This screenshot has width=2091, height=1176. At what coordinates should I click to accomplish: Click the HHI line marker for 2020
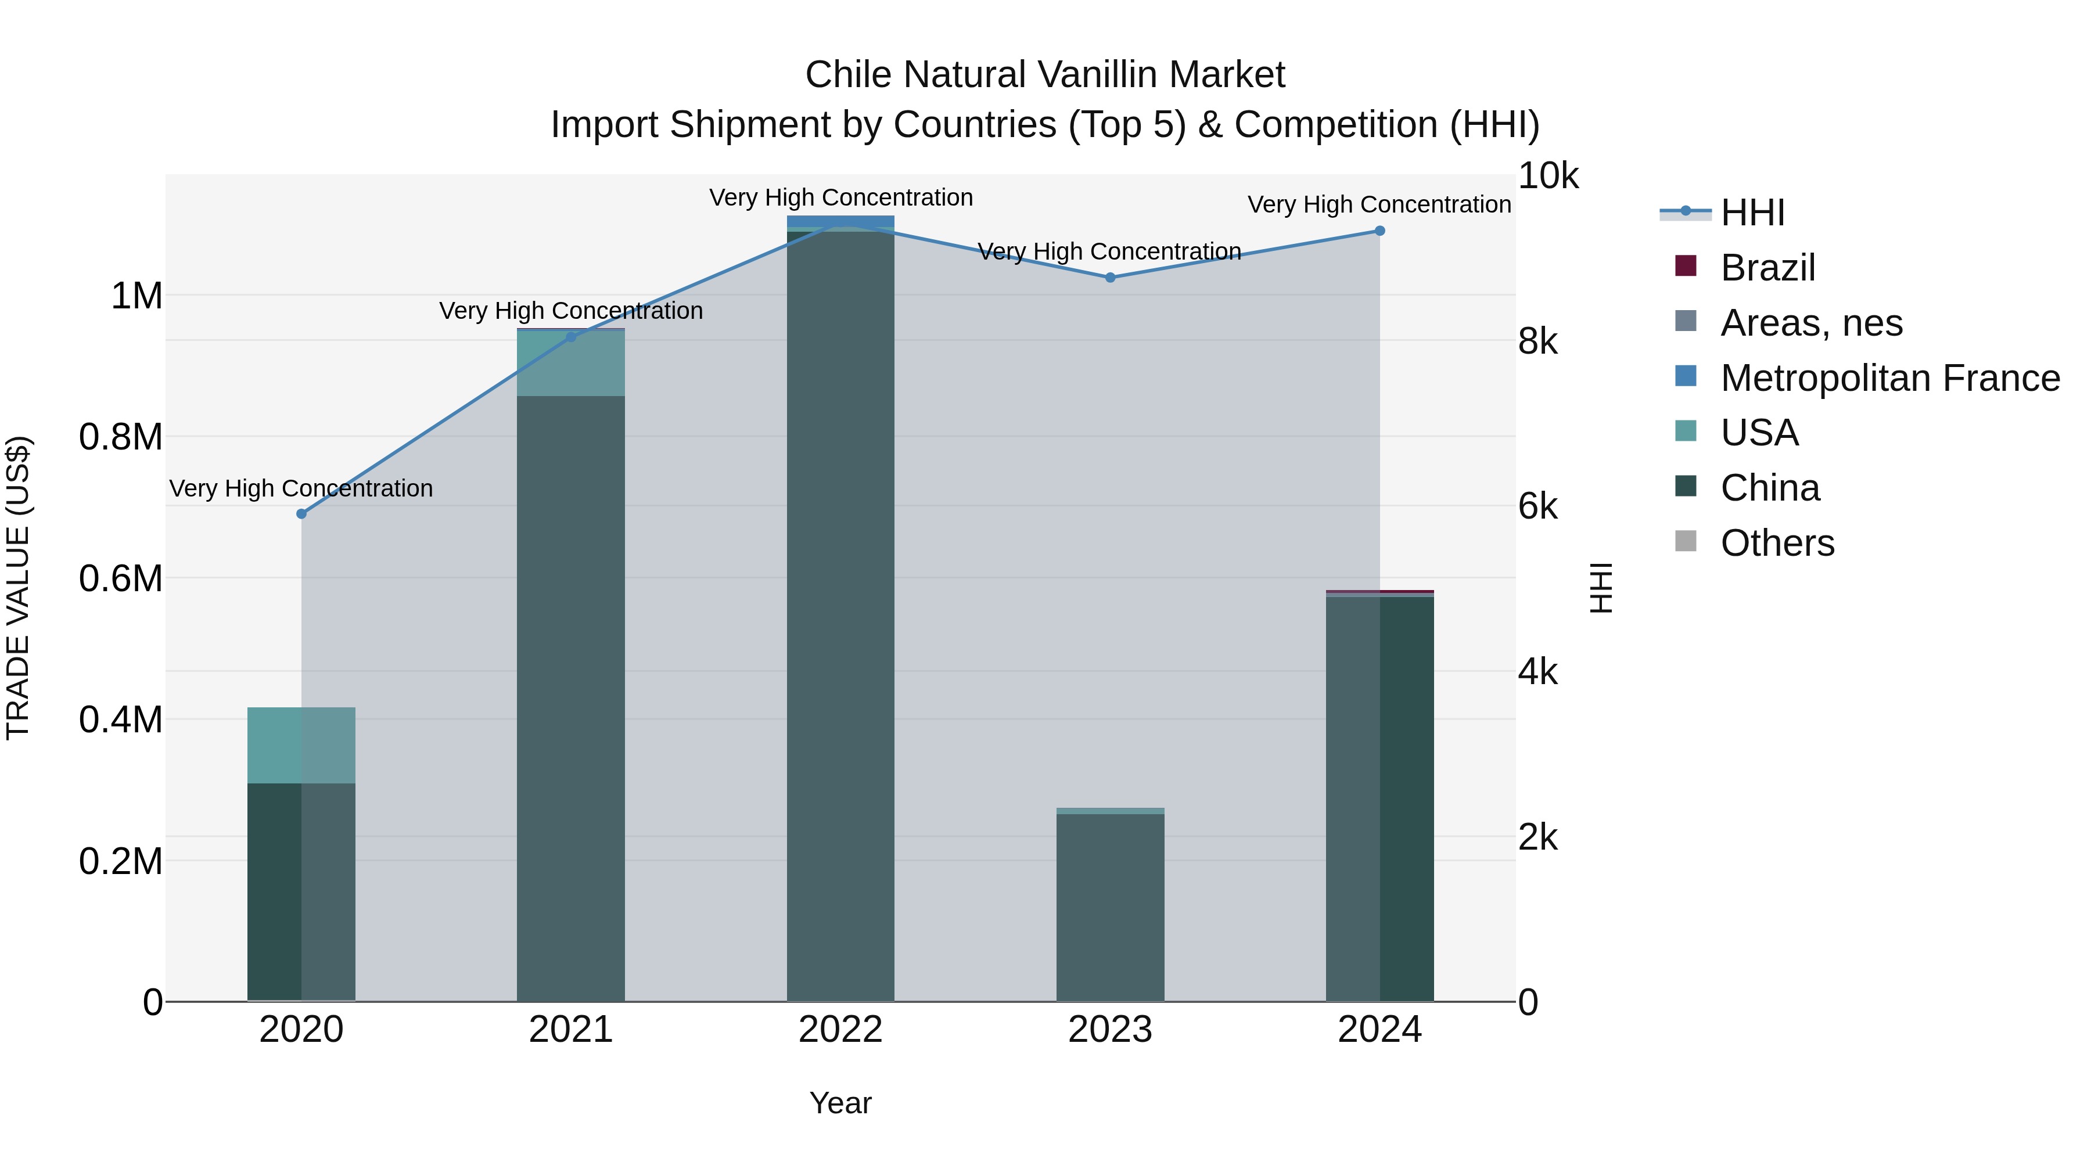[301, 514]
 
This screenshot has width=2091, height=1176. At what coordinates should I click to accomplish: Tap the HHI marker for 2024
[1379, 231]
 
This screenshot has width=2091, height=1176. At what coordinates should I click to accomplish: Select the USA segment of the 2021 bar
[570, 364]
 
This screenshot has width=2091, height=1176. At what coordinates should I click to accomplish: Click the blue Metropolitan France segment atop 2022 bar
[840, 222]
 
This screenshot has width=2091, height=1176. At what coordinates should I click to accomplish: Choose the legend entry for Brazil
[1767, 268]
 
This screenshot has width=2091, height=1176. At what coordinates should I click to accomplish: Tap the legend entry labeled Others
[1777, 543]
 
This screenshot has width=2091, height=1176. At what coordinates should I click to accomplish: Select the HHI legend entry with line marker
[1752, 213]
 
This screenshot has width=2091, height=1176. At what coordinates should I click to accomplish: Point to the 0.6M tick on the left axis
[120, 578]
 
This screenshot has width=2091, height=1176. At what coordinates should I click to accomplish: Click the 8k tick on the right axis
[1537, 341]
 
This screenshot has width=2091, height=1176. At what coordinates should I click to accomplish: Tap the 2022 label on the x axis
[840, 1030]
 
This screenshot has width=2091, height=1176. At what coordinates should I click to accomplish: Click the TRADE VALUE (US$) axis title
[18, 588]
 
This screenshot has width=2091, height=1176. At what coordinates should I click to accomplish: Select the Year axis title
[840, 1103]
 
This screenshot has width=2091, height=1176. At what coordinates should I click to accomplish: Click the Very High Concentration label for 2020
[301, 488]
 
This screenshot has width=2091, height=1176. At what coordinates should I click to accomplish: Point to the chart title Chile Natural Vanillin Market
[1045, 75]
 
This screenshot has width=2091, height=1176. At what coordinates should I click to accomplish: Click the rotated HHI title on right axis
[1601, 588]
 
